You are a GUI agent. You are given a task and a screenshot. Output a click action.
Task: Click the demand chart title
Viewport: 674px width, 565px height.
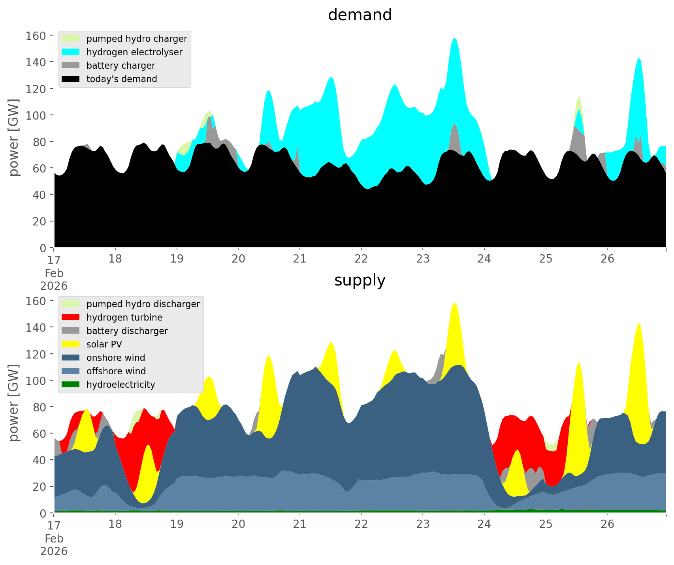[360, 15]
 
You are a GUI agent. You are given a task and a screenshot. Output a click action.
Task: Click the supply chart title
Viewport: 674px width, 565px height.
[360, 280]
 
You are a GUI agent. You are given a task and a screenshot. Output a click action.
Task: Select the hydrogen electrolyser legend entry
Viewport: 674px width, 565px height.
[134, 52]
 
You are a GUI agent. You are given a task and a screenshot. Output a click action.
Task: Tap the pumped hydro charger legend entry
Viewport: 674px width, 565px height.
[136, 39]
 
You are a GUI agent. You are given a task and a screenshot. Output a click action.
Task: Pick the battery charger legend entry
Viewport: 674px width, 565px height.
[120, 66]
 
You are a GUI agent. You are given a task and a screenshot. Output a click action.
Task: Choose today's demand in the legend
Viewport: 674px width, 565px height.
[121, 79]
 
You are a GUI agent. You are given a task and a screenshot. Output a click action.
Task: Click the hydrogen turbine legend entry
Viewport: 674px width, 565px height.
[124, 317]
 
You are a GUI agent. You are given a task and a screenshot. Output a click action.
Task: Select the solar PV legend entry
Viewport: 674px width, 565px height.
[104, 344]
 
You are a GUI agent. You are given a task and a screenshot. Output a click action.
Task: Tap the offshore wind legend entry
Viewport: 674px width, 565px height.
[116, 371]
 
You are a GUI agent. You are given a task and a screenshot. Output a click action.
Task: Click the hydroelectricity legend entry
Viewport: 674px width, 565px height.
[120, 385]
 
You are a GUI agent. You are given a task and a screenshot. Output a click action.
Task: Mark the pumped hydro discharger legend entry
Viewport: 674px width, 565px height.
[143, 304]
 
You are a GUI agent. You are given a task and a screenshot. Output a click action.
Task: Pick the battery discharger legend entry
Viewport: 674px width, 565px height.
[127, 331]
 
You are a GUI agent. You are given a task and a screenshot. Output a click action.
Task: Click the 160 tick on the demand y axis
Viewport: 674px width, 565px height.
[36, 36]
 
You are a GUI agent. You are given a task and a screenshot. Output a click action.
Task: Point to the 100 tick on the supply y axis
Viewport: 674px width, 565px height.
[36, 381]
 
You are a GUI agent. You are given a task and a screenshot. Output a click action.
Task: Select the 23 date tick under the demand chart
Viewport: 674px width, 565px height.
[423, 259]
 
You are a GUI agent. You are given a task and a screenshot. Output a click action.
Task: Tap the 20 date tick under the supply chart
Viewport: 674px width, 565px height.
[238, 524]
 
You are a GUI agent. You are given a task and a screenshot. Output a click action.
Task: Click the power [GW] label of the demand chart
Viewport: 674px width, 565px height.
[14, 137]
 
